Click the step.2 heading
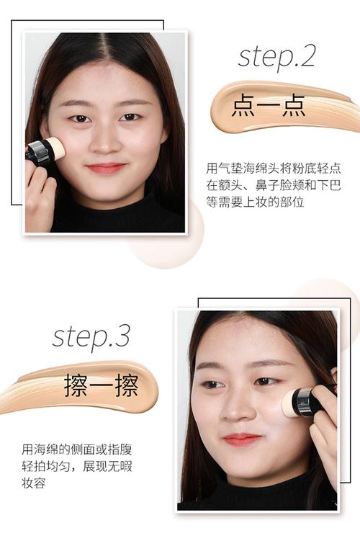click(276, 58)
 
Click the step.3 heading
click(91, 337)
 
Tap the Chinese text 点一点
click(269, 105)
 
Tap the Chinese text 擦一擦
click(102, 385)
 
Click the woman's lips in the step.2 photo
click(106, 168)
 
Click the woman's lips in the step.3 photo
click(241, 439)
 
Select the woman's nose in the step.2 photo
click(104, 143)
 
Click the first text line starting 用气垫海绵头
click(273, 169)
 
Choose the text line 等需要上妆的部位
click(255, 202)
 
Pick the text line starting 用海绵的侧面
click(76, 449)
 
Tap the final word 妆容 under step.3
click(33, 483)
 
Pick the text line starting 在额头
click(273, 185)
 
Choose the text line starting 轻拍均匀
click(76, 466)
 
